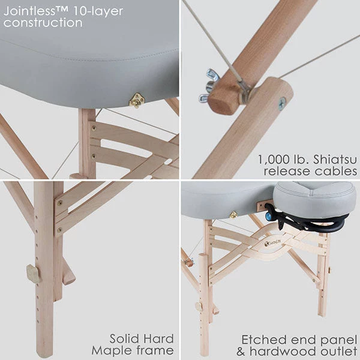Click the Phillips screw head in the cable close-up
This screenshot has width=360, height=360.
pos(281,103)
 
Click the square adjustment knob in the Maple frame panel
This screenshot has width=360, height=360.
pos(34,274)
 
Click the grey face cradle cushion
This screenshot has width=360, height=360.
pos(315,198)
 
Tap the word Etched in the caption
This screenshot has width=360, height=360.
pos(262,338)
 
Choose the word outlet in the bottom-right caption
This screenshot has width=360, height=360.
pos(339,350)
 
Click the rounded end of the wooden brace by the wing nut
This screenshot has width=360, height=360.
pos(220,102)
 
